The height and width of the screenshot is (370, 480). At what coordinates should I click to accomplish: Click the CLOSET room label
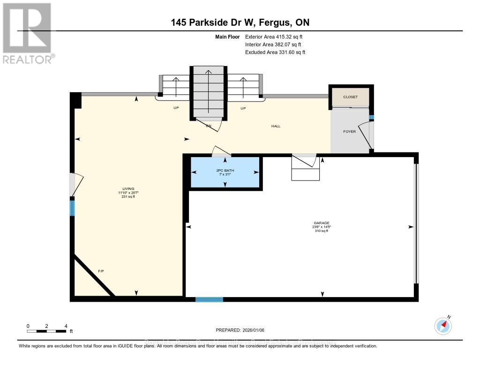click(x=350, y=97)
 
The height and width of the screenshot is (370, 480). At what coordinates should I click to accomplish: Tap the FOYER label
click(x=349, y=131)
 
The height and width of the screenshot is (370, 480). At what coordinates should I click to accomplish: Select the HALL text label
click(x=276, y=126)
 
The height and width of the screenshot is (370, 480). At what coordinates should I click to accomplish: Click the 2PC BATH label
click(x=225, y=171)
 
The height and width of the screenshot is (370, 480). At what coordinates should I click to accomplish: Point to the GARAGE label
click(x=322, y=223)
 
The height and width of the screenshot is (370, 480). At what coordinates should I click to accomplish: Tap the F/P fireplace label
click(x=100, y=271)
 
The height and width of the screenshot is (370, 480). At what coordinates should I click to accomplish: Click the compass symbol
click(x=443, y=326)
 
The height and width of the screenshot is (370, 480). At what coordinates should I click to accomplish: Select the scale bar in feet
click(x=46, y=331)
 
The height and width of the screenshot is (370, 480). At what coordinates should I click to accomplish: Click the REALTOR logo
click(x=28, y=33)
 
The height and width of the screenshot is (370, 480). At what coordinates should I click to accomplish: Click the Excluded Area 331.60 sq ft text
click(x=275, y=52)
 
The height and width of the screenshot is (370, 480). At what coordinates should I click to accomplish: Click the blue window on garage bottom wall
click(x=209, y=299)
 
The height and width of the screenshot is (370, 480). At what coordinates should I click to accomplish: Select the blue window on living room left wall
click(x=72, y=207)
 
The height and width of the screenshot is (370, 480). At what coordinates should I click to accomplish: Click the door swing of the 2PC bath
click(x=221, y=151)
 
